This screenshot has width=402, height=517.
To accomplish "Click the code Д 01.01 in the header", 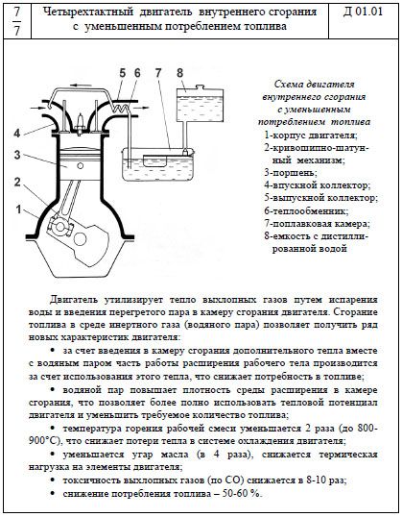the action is pyautogui.click(x=363, y=12).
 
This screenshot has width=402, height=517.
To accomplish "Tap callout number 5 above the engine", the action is pyautogui.click(x=123, y=73).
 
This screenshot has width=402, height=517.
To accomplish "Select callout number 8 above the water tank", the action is pyautogui.click(x=179, y=73).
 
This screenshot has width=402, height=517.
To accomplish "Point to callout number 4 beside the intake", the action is pyautogui.click(x=17, y=134).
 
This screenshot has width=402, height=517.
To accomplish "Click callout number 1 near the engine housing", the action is pyautogui.click(x=18, y=209).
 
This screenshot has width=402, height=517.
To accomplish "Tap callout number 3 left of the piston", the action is pyautogui.click(x=17, y=155).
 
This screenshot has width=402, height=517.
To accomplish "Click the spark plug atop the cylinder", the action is pyautogui.click(x=80, y=124).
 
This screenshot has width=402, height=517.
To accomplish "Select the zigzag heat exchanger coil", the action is pyautogui.click(x=121, y=108).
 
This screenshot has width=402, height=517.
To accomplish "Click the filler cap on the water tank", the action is pyautogui.click(x=200, y=87).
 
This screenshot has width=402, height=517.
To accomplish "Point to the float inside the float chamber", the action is pyautogui.click(x=154, y=160).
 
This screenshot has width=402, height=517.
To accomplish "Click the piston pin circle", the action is pyautogui.click(x=80, y=165).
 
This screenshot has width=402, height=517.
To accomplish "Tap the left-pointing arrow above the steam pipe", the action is pyautogui.click(x=81, y=86).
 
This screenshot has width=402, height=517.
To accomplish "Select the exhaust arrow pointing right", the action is pyautogui.click(x=142, y=108).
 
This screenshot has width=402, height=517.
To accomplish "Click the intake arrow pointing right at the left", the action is pyautogui.click(x=35, y=108).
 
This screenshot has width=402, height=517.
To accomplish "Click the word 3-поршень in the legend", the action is pyautogui.click(x=290, y=173).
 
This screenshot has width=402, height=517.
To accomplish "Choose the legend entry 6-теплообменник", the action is pyautogui.click(x=306, y=210).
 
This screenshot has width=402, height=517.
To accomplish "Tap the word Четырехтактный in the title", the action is pyautogui.click(x=88, y=12).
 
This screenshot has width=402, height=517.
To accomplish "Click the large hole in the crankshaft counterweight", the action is pyautogui.click(x=80, y=239).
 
